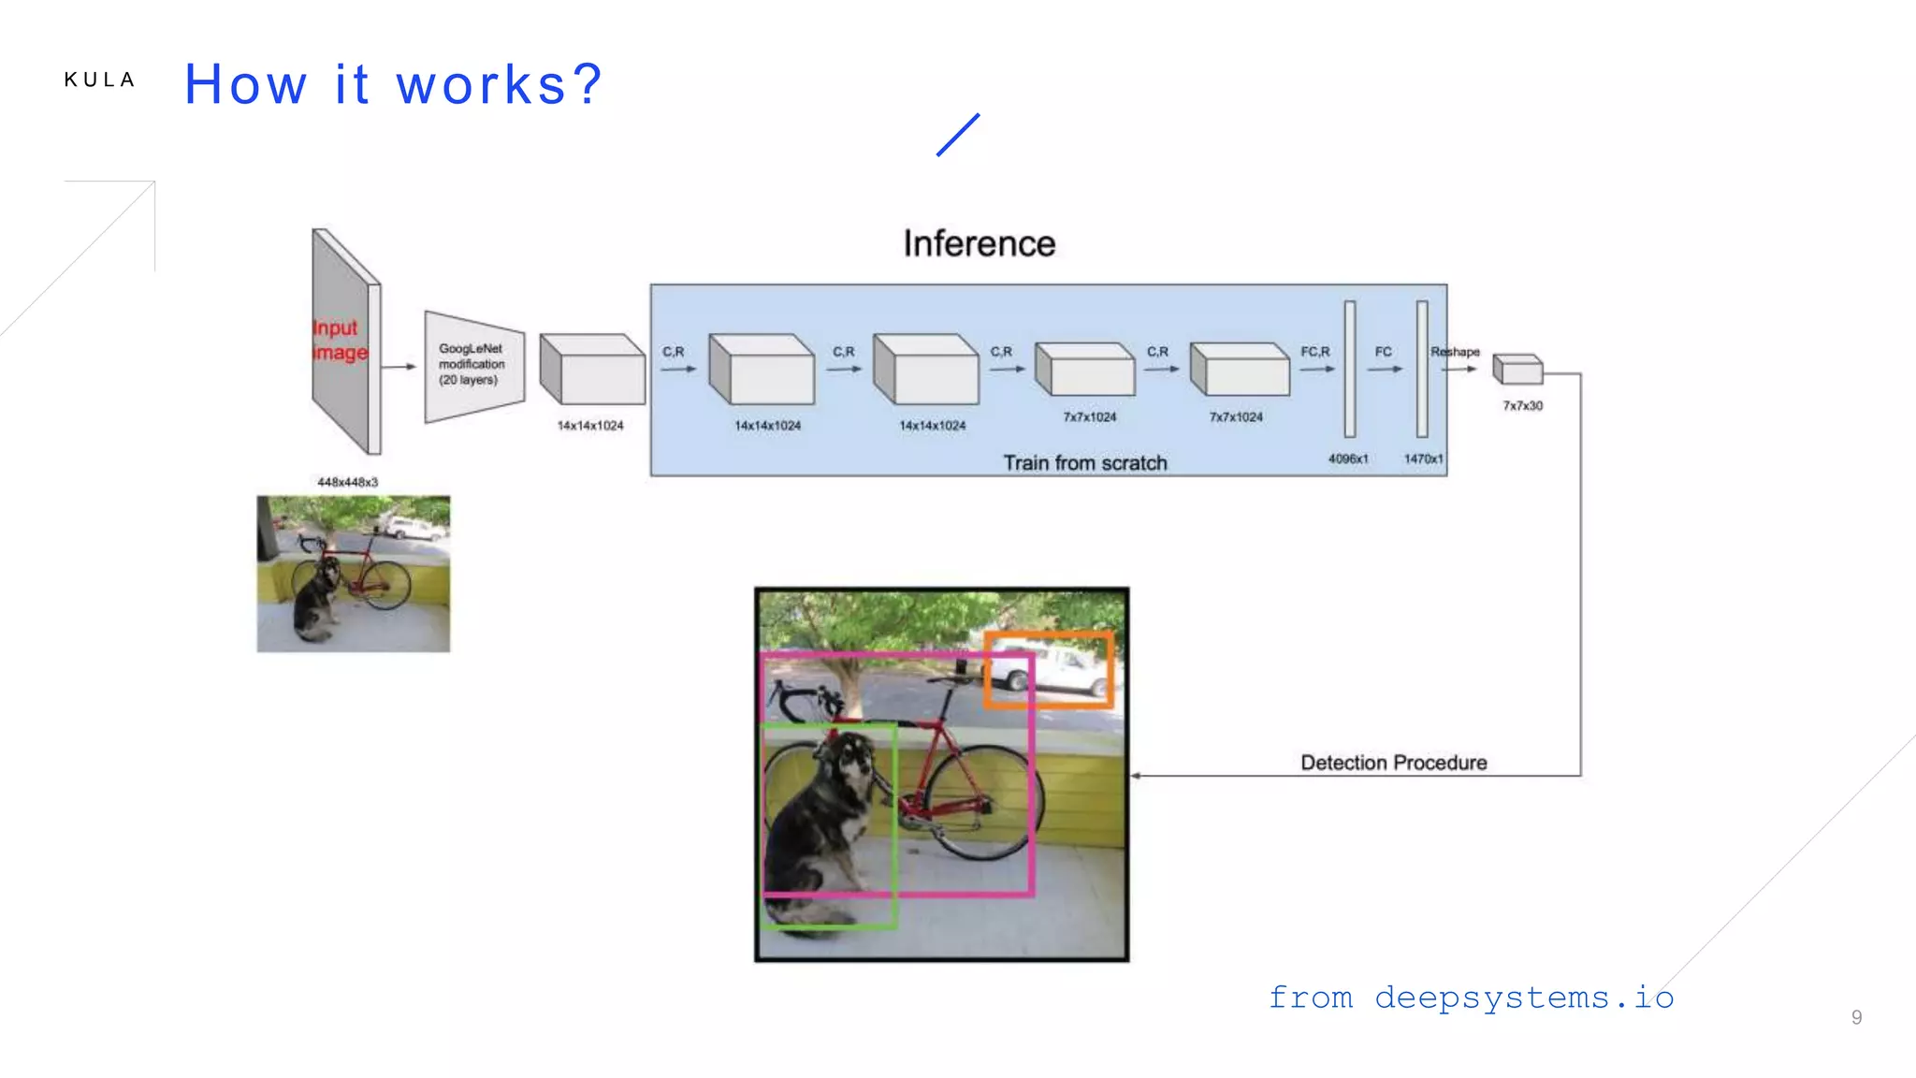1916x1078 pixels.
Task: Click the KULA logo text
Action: (x=99, y=80)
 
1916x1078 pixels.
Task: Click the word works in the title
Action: (x=482, y=85)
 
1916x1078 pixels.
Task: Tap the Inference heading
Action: (x=979, y=244)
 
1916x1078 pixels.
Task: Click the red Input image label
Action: (x=339, y=340)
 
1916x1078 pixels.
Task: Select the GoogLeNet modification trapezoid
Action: (x=473, y=365)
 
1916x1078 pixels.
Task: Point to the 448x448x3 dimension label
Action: (x=347, y=482)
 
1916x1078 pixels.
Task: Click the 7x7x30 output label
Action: (x=1522, y=406)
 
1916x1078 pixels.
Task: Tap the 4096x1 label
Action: (x=1347, y=459)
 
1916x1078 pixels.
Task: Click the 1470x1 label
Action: (x=1423, y=459)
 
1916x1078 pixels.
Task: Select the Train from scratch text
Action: (x=1084, y=463)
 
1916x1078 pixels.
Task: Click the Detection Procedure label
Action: (x=1393, y=763)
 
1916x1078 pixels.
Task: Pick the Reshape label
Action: (x=1455, y=352)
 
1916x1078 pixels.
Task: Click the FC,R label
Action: (x=1314, y=352)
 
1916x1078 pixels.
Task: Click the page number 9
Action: (x=1856, y=1017)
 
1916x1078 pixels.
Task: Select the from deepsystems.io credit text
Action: (x=1471, y=998)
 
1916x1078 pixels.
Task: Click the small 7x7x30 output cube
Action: (x=1517, y=370)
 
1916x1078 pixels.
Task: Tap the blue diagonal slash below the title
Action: (x=958, y=135)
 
